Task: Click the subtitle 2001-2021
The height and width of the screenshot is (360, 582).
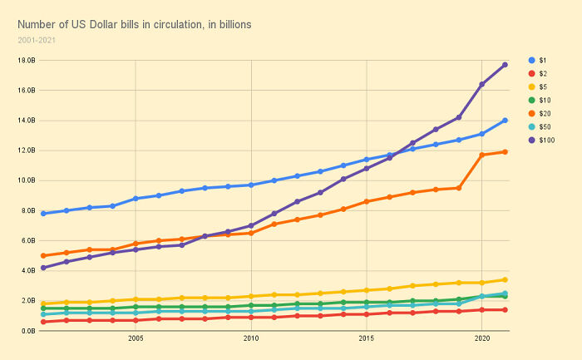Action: [36, 40]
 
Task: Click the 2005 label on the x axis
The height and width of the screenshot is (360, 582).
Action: [136, 339]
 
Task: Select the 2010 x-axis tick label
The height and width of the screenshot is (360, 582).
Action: [250, 339]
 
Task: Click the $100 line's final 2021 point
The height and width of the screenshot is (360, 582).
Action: [505, 65]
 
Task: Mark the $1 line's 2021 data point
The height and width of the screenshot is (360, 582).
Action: [505, 121]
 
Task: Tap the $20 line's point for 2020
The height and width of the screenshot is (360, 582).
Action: [481, 155]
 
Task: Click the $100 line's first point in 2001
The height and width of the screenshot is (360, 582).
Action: [43, 268]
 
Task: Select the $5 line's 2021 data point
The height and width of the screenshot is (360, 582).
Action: [505, 279]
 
